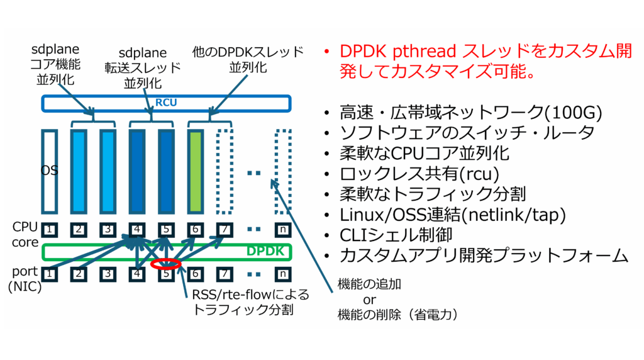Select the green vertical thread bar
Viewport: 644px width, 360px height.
pos(196,171)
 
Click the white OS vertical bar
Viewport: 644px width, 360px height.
pos(49,171)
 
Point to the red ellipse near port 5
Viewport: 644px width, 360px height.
pos(166,264)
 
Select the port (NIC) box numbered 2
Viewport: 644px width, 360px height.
pos(79,274)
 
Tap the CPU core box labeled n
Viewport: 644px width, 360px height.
pos(284,229)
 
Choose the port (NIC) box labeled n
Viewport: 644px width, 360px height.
pos(284,274)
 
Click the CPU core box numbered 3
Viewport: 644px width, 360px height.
pos(108,229)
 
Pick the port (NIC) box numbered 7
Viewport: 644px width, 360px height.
pos(225,274)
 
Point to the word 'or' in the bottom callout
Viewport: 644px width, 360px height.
pos(369,300)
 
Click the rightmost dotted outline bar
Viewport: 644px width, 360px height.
pos(284,171)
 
